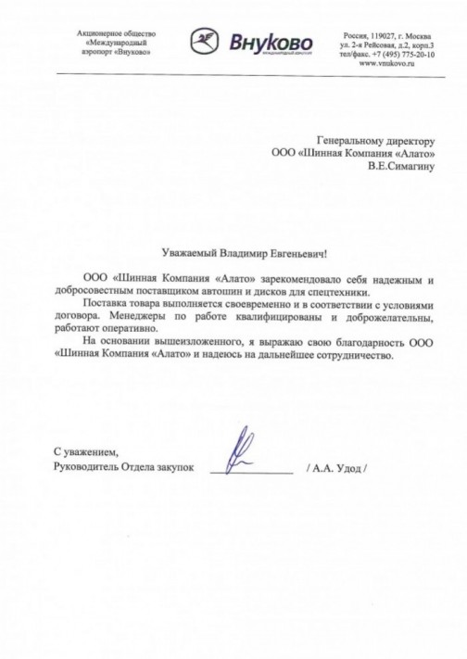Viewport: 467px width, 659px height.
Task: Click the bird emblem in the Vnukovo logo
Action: (205, 42)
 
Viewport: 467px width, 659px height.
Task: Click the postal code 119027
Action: (382, 33)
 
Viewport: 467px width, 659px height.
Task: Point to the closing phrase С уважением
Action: (86, 451)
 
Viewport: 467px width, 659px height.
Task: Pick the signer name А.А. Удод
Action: (338, 469)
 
